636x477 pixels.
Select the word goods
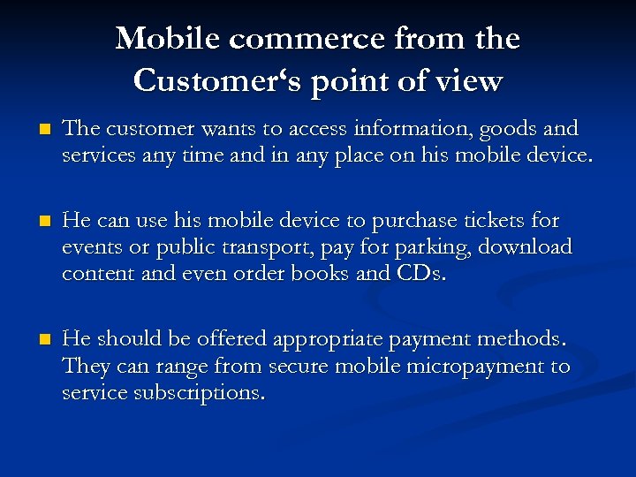click(x=506, y=129)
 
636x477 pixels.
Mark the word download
click(x=526, y=246)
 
